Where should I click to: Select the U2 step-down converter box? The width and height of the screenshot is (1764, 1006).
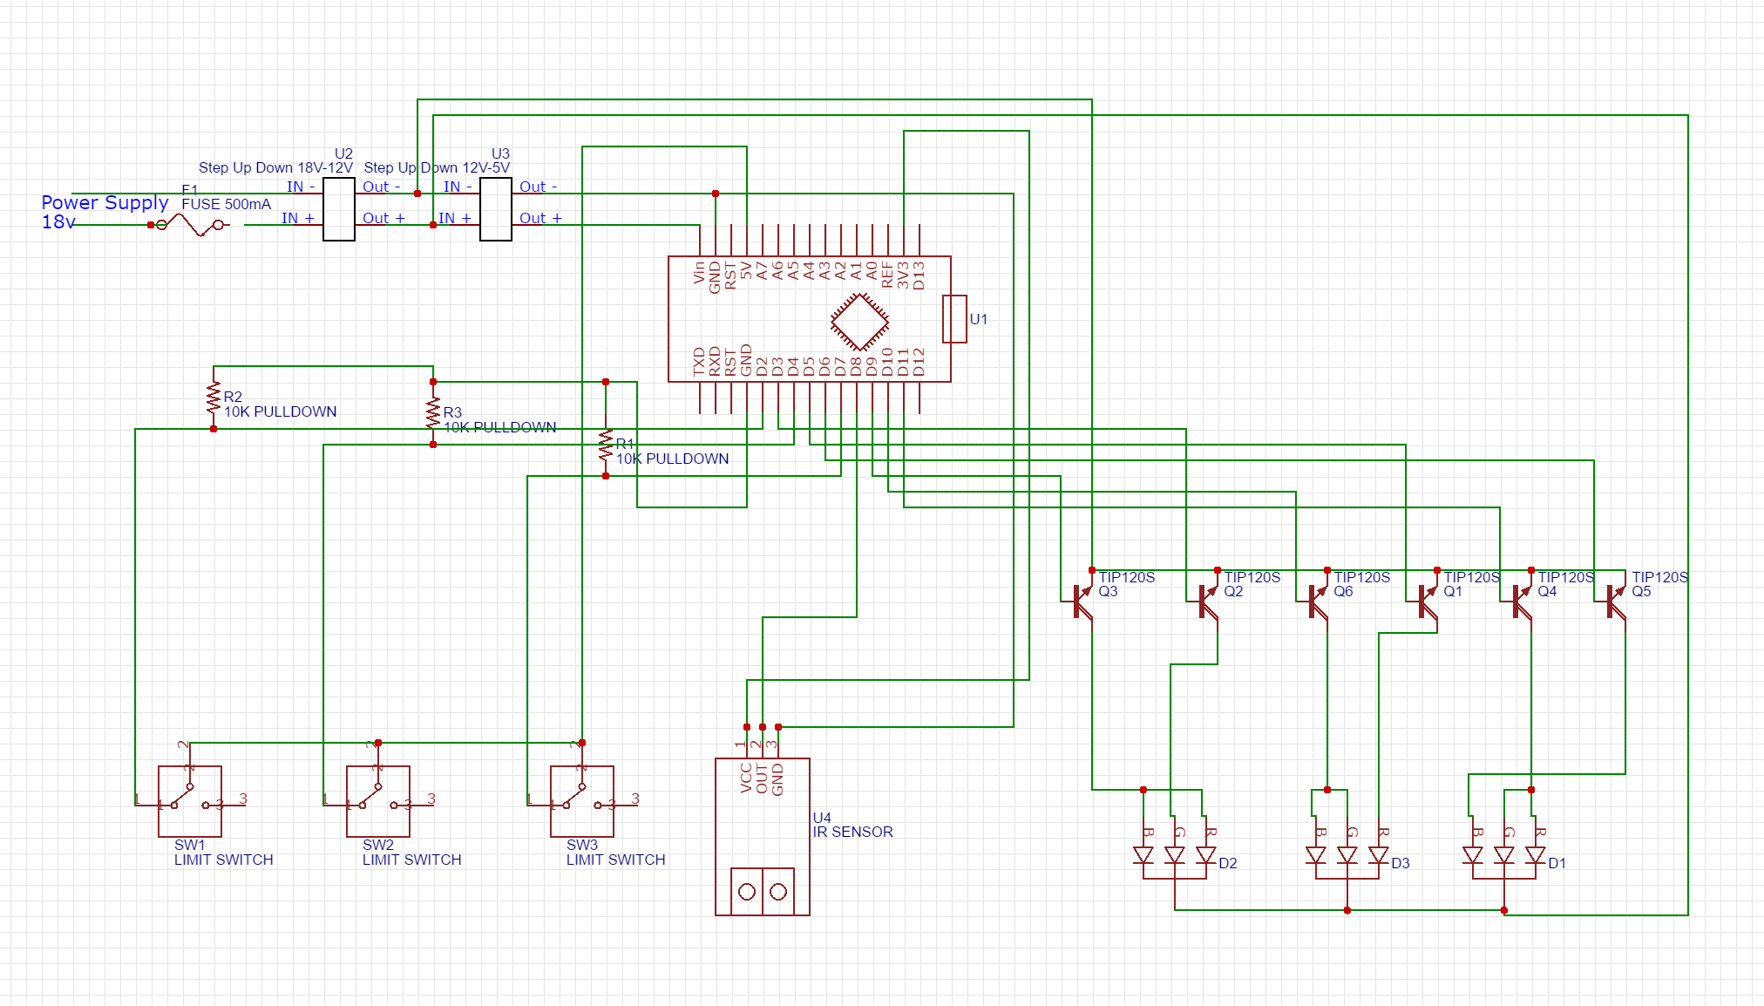point(339,209)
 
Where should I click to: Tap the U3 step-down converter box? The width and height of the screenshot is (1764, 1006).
point(496,209)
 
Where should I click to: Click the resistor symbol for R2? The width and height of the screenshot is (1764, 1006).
point(214,398)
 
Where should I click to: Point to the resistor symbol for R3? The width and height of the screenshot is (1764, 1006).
point(433,413)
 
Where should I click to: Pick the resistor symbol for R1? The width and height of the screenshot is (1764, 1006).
point(606,445)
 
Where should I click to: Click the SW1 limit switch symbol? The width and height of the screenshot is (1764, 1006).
point(190,801)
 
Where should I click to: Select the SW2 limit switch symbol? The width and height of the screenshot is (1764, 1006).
point(378,801)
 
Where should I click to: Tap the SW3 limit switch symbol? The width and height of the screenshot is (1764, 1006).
point(582,801)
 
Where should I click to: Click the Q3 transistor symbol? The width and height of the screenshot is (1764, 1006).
point(1082,601)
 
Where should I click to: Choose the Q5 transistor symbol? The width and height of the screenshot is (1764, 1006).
point(1616,601)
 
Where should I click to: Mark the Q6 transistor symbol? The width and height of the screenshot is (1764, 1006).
point(1318,601)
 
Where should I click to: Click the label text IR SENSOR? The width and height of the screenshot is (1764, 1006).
point(852,833)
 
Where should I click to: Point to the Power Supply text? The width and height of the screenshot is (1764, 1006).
point(105,202)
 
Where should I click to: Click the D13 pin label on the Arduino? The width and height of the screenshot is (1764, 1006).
point(919,275)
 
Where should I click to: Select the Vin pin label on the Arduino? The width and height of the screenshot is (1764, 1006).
point(699,273)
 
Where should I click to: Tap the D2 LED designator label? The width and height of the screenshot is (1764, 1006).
point(1228,863)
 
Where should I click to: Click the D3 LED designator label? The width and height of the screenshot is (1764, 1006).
point(1401,863)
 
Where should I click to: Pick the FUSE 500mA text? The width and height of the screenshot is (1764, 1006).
point(226,204)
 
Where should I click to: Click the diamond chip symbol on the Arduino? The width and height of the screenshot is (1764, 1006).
point(859,323)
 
